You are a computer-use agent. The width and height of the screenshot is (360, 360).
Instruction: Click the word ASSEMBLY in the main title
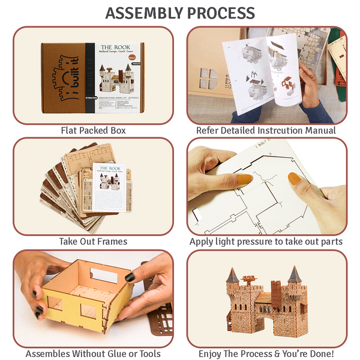(x=145, y=13)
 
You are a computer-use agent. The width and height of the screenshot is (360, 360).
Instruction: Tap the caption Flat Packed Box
(x=93, y=130)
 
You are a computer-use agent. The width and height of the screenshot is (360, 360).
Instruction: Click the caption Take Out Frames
(x=93, y=241)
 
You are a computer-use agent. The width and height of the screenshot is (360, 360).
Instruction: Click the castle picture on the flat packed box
(x=116, y=78)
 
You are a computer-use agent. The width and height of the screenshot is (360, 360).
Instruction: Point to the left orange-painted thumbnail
(x=243, y=179)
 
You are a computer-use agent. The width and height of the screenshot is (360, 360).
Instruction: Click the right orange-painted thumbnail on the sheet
(x=294, y=178)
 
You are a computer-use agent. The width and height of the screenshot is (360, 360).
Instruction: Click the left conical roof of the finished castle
(x=233, y=275)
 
